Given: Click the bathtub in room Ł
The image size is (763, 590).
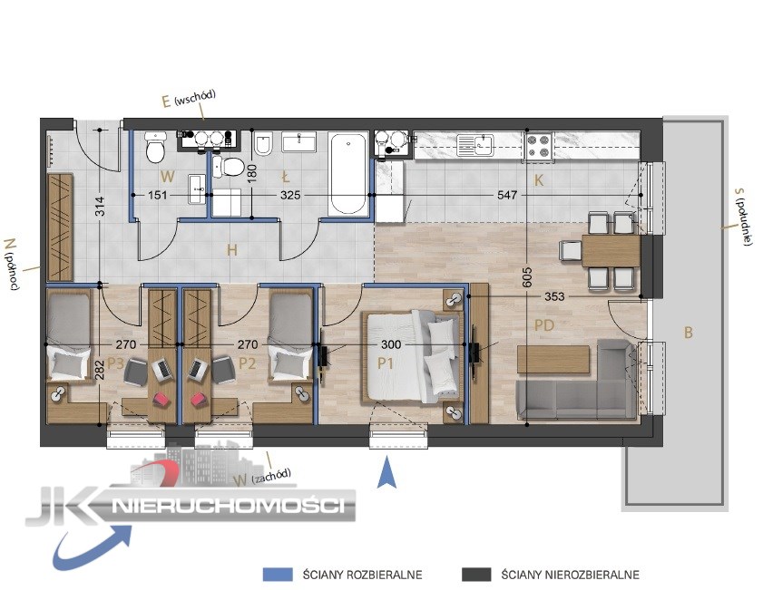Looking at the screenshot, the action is pos(347,174).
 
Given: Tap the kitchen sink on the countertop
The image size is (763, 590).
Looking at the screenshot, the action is pos(474,145).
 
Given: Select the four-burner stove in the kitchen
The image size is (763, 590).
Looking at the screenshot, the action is pos(538,147).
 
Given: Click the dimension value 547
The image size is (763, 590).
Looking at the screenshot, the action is pos(507,195).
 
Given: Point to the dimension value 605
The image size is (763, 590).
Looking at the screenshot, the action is pos(527,277).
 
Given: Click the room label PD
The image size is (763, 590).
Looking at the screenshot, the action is pos(544,324).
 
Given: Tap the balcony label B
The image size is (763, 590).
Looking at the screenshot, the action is pos(688,333).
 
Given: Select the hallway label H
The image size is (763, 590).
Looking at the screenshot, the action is pos(232,250).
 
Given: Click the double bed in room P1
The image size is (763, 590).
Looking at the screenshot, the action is pos(412,357).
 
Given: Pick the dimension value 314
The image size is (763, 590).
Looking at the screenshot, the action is pos(99,206).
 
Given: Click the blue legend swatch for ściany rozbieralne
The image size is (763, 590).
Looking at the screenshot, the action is pos(278,574).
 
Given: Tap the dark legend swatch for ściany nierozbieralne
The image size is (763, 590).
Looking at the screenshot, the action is pos(476,574).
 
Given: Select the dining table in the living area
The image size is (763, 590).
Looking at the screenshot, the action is pos(611,251).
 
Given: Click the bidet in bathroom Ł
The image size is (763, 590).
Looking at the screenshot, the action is pos(263,143).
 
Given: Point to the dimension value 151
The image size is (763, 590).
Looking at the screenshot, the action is pos(157,195).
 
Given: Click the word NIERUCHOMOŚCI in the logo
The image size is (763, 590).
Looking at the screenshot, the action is pos(229,506).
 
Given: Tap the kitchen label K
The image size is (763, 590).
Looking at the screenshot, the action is pos(538,180).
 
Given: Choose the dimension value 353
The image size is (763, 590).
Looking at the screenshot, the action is pos(554,296).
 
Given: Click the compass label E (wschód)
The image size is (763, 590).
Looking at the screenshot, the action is pos(189,98).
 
